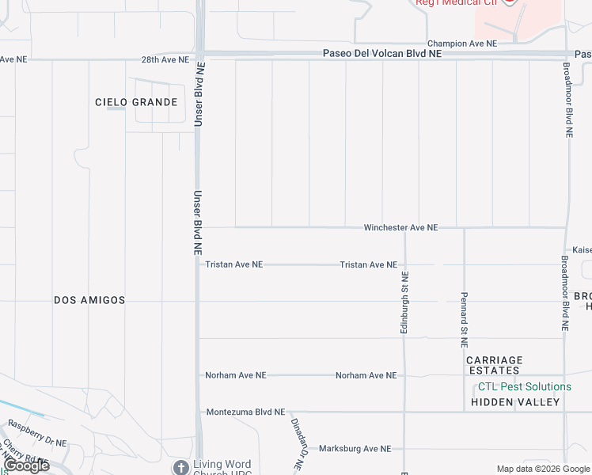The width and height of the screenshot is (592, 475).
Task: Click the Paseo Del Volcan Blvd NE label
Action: click(x=382, y=54)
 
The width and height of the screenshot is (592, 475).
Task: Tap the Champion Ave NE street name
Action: click(x=462, y=44)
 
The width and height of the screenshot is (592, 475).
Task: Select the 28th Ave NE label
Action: click(x=165, y=59)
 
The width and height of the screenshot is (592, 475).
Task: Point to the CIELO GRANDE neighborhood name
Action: click(x=136, y=102)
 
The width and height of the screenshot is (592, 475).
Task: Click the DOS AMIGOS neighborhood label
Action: click(x=89, y=300)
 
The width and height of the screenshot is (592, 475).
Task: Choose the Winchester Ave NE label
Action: click(x=400, y=227)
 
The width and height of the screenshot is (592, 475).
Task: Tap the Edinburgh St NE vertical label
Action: click(x=404, y=302)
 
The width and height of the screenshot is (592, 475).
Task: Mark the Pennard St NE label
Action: click(x=465, y=320)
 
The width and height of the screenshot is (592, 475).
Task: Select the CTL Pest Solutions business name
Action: click(x=524, y=386)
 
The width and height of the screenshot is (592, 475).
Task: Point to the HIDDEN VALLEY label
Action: click(x=515, y=402)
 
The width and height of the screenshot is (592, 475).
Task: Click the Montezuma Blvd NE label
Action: click(x=245, y=412)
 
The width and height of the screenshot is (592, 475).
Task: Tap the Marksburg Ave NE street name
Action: click(x=355, y=448)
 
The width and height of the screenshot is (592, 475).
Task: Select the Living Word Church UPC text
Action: click(x=222, y=469)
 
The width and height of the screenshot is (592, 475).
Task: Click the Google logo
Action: click(x=25, y=465)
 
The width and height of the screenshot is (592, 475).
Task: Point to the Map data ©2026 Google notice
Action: click(x=543, y=469)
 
